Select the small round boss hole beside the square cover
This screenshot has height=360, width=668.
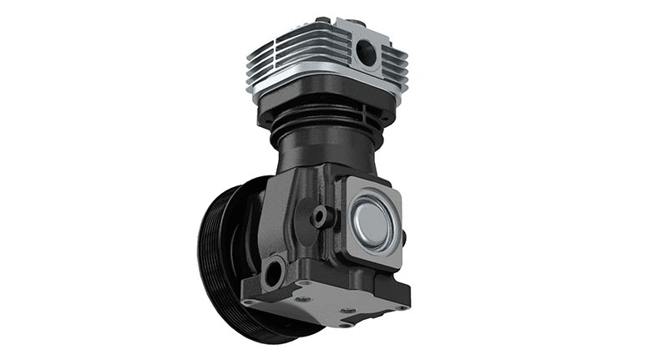click(x=320, y=216)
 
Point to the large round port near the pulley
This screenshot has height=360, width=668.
click(x=273, y=271)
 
